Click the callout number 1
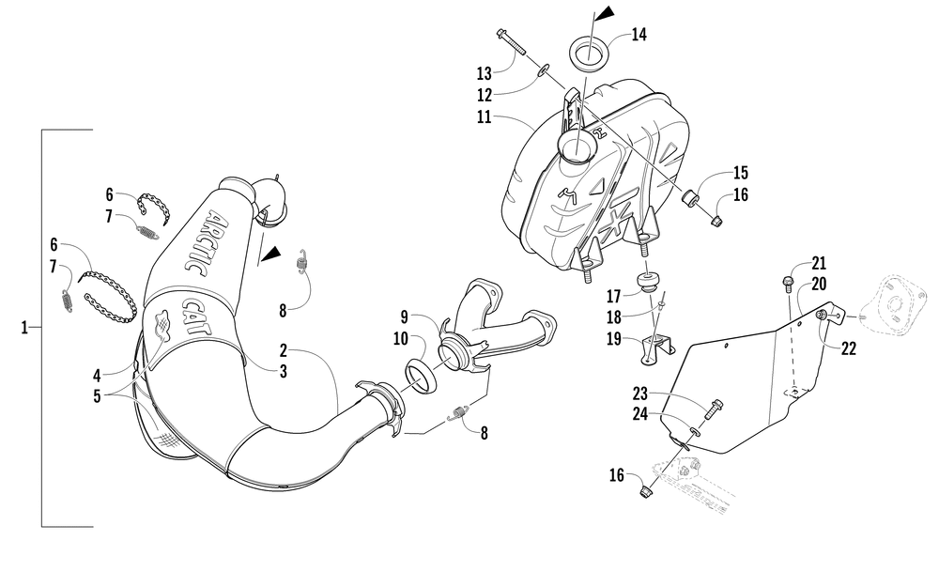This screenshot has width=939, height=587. coord(25,328)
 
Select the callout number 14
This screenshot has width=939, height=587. coord(639,36)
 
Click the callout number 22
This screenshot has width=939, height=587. coord(849,348)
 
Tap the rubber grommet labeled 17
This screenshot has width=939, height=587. coord(646,283)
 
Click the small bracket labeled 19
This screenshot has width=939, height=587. coord(658,348)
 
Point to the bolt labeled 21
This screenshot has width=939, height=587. coord(789,281)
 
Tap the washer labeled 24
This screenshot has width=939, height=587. coord(696,431)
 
